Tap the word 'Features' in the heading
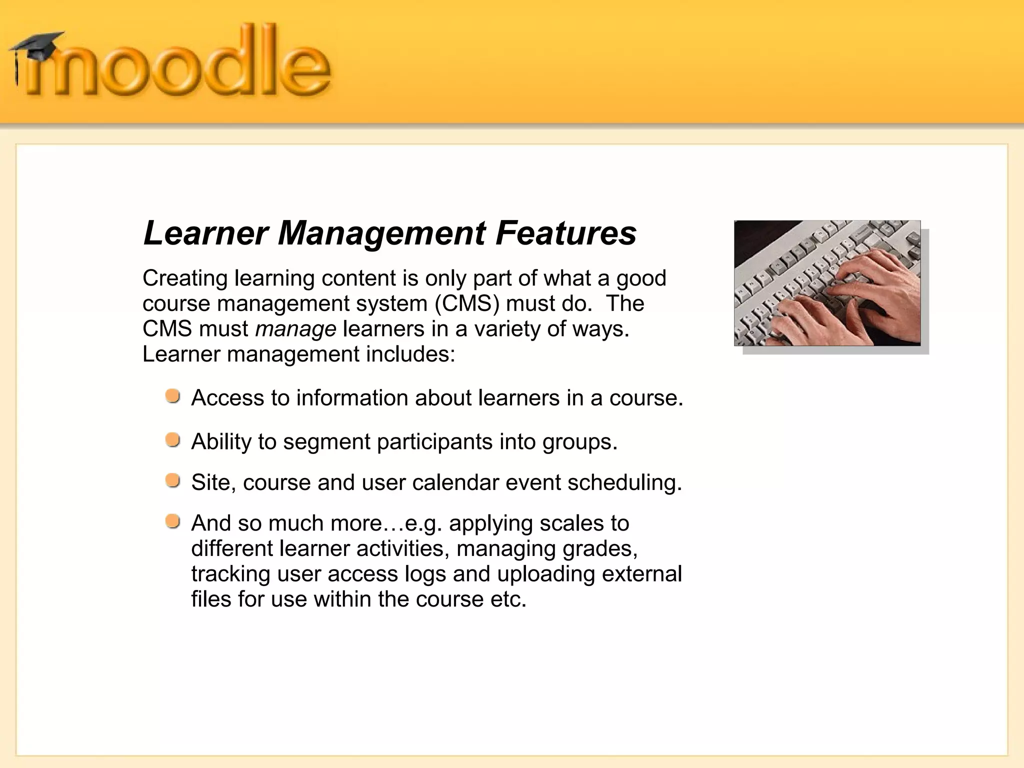pyautogui.click(x=565, y=233)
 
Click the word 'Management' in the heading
pyautogui.click(x=381, y=233)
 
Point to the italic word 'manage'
pyautogui.click(x=295, y=329)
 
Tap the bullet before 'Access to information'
pyautogui.click(x=173, y=396)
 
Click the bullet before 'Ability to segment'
pyautogui.click(x=173, y=440)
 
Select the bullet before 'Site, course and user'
pyautogui.click(x=173, y=481)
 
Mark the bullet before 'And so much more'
pyautogui.click(x=173, y=522)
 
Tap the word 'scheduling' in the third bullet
pyautogui.click(x=624, y=482)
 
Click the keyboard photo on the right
pyautogui.click(x=827, y=283)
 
